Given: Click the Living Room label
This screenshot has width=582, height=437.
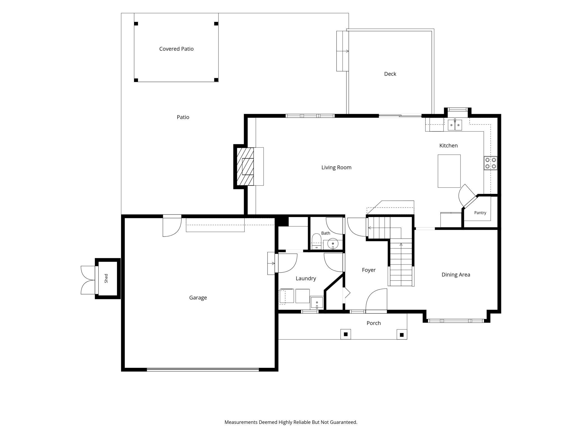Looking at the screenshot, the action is [336, 168].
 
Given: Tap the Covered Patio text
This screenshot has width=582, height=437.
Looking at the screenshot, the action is [176, 49].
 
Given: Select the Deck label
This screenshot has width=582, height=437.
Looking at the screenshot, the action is [390, 74].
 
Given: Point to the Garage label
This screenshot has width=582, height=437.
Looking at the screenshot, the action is [198, 297].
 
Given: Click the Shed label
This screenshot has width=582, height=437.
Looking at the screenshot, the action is [106, 278].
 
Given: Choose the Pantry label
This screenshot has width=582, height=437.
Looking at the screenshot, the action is [480, 213].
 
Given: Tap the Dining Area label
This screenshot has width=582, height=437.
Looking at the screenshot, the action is [456, 275].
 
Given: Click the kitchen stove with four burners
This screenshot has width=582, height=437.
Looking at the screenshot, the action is [491, 163].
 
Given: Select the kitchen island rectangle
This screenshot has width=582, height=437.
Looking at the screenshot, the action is [449, 171].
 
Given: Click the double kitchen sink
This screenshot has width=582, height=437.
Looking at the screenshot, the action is [455, 125].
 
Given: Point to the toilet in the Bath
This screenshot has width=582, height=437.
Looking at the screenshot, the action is [316, 241].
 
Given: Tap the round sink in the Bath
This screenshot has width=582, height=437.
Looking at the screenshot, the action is [333, 244].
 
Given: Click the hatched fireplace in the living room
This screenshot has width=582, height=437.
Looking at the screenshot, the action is [245, 166].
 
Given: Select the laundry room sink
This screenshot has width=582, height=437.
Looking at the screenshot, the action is [317, 303].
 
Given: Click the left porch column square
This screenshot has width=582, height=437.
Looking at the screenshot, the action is [346, 334].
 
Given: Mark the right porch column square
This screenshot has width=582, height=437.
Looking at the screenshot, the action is [402, 335].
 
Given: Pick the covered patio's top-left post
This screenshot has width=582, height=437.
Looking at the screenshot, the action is [136, 24].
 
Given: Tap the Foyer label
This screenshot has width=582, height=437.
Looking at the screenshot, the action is [369, 270].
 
